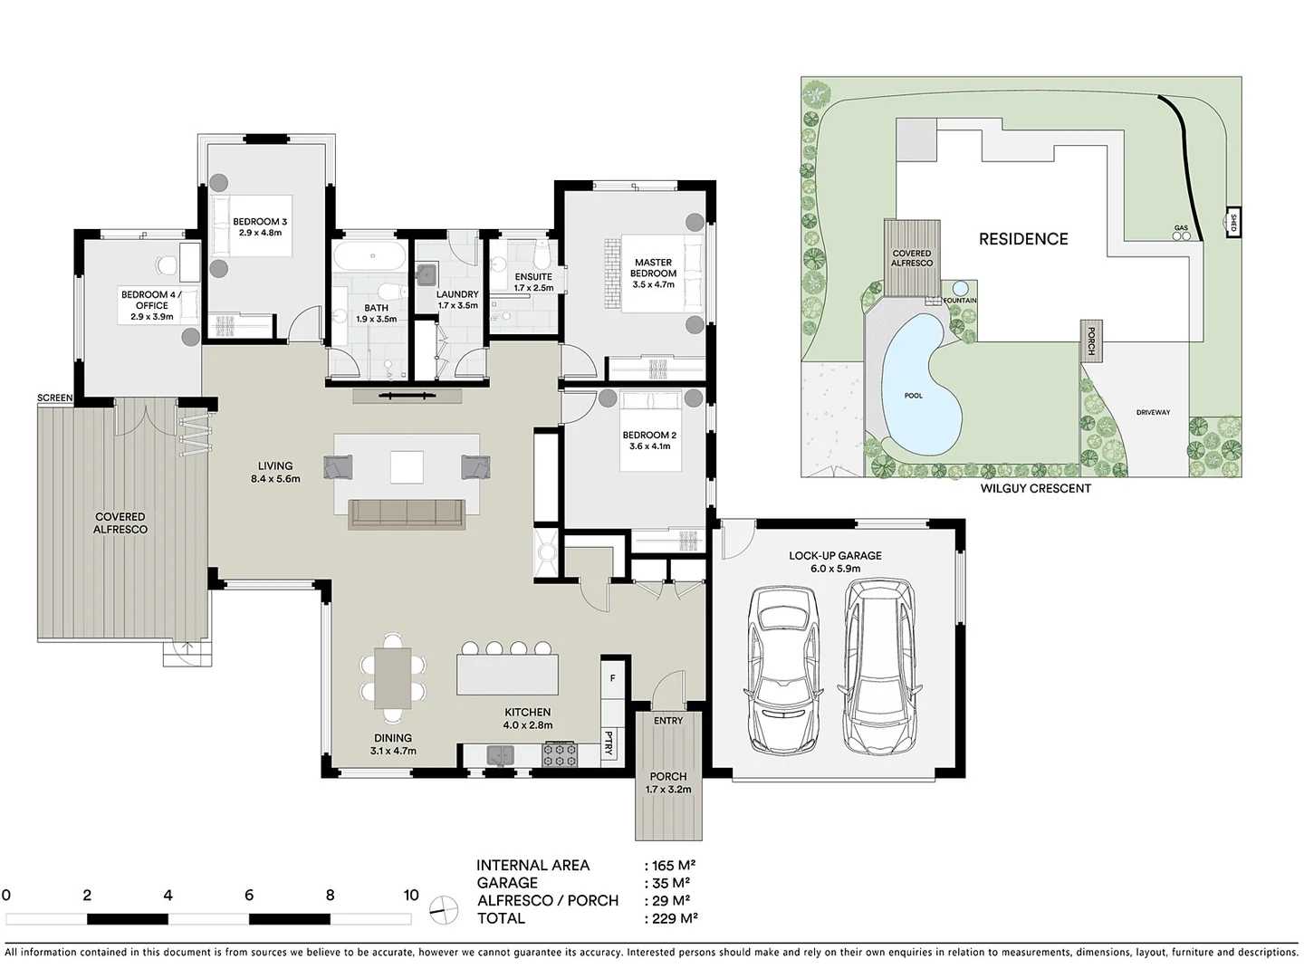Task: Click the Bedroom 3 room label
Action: [x=260, y=226]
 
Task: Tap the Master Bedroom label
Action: [x=653, y=273]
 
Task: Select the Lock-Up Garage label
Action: [x=835, y=561]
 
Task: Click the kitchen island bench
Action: [x=507, y=675]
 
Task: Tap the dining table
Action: [x=393, y=678]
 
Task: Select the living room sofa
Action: [x=407, y=513]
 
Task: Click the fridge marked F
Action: [x=612, y=678]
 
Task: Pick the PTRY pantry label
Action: [x=609, y=743]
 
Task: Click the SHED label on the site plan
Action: [x=1232, y=222]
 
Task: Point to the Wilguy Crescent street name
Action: [x=1035, y=488]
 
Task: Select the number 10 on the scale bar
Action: [x=411, y=895]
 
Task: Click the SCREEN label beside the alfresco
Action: [x=54, y=398]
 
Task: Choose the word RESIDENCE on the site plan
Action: [x=1023, y=239]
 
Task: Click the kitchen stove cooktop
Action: [x=560, y=754]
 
